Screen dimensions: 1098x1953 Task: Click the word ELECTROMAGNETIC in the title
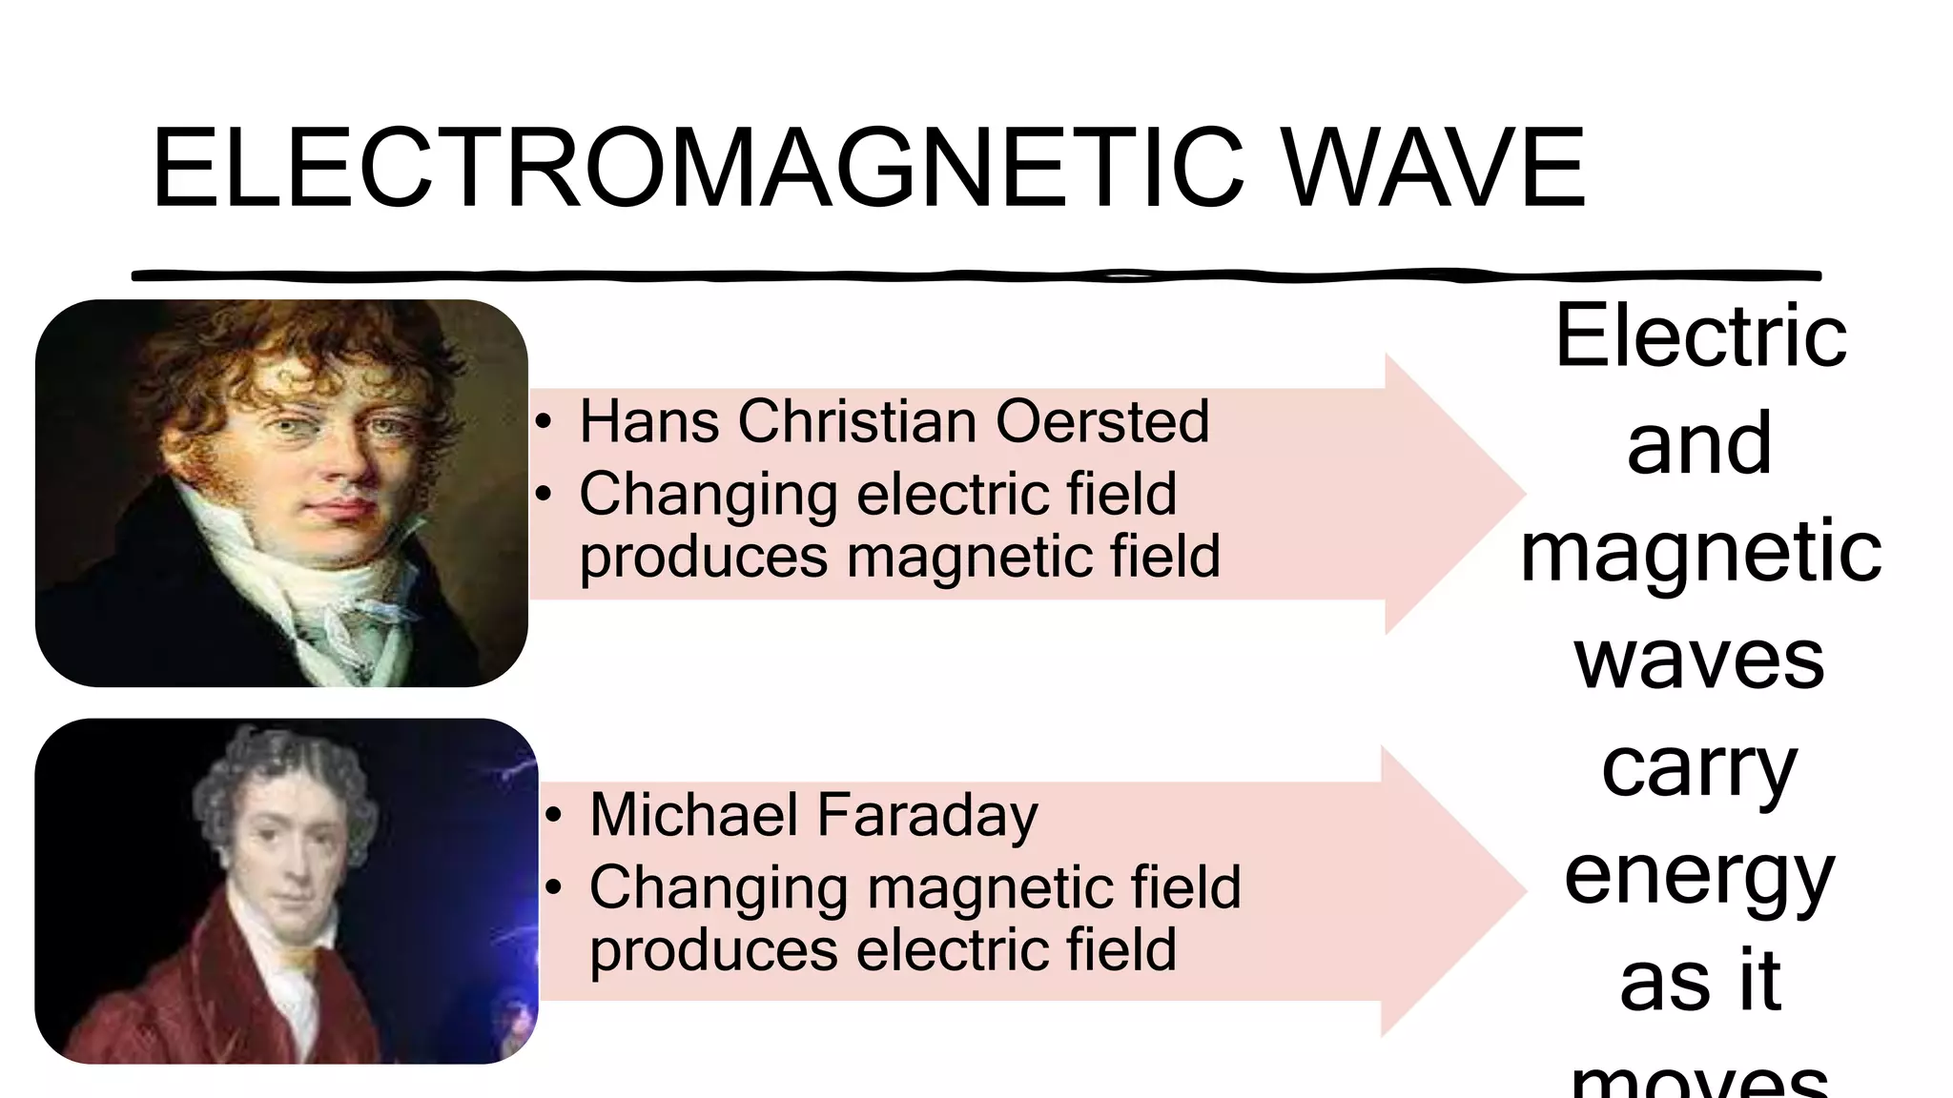click(x=697, y=169)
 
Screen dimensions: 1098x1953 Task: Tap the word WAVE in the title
click(x=1434, y=169)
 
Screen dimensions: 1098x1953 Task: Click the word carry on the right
click(x=1699, y=770)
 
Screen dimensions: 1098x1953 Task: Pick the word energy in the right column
click(x=1699, y=877)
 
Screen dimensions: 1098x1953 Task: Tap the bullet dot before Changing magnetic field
click(x=554, y=887)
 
